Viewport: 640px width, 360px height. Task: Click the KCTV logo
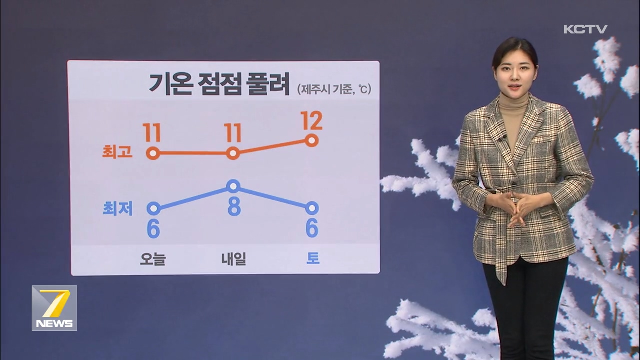pos(585,29)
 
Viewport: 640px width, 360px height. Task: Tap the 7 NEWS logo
pos(54,308)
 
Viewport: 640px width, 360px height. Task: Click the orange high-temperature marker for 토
pos(312,140)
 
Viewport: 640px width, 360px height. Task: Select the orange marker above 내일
pos(233,153)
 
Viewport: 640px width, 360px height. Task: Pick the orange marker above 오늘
pos(153,153)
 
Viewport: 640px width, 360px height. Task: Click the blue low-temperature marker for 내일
pos(233,186)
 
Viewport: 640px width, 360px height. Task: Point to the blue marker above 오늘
pos(153,209)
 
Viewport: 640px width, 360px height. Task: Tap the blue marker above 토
pos(312,208)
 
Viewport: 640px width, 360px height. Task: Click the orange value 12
pos(311,120)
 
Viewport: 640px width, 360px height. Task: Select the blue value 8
pos(234,206)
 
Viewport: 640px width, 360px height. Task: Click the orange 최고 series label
pos(117,151)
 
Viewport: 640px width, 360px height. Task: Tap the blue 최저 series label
pos(117,208)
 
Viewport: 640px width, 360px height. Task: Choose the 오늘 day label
pos(153,259)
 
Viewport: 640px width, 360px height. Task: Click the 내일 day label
pos(233,259)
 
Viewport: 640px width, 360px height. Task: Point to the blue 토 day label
pos(313,258)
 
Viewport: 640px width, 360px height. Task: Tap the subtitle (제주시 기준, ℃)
pos(334,89)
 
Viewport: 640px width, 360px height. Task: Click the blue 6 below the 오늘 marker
pos(153,229)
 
